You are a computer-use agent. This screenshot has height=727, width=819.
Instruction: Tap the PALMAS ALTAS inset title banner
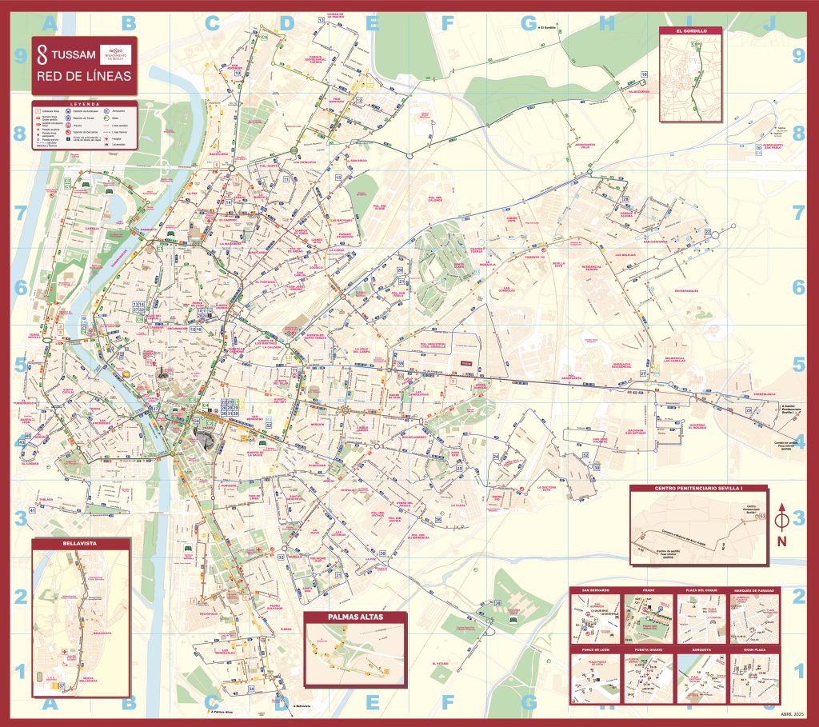point(355,617)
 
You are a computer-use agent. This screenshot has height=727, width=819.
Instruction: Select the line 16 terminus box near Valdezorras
point(643,74)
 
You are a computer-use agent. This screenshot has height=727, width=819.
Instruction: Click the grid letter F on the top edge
point(448,23)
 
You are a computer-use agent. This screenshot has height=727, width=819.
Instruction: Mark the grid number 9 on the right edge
point(797,55)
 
